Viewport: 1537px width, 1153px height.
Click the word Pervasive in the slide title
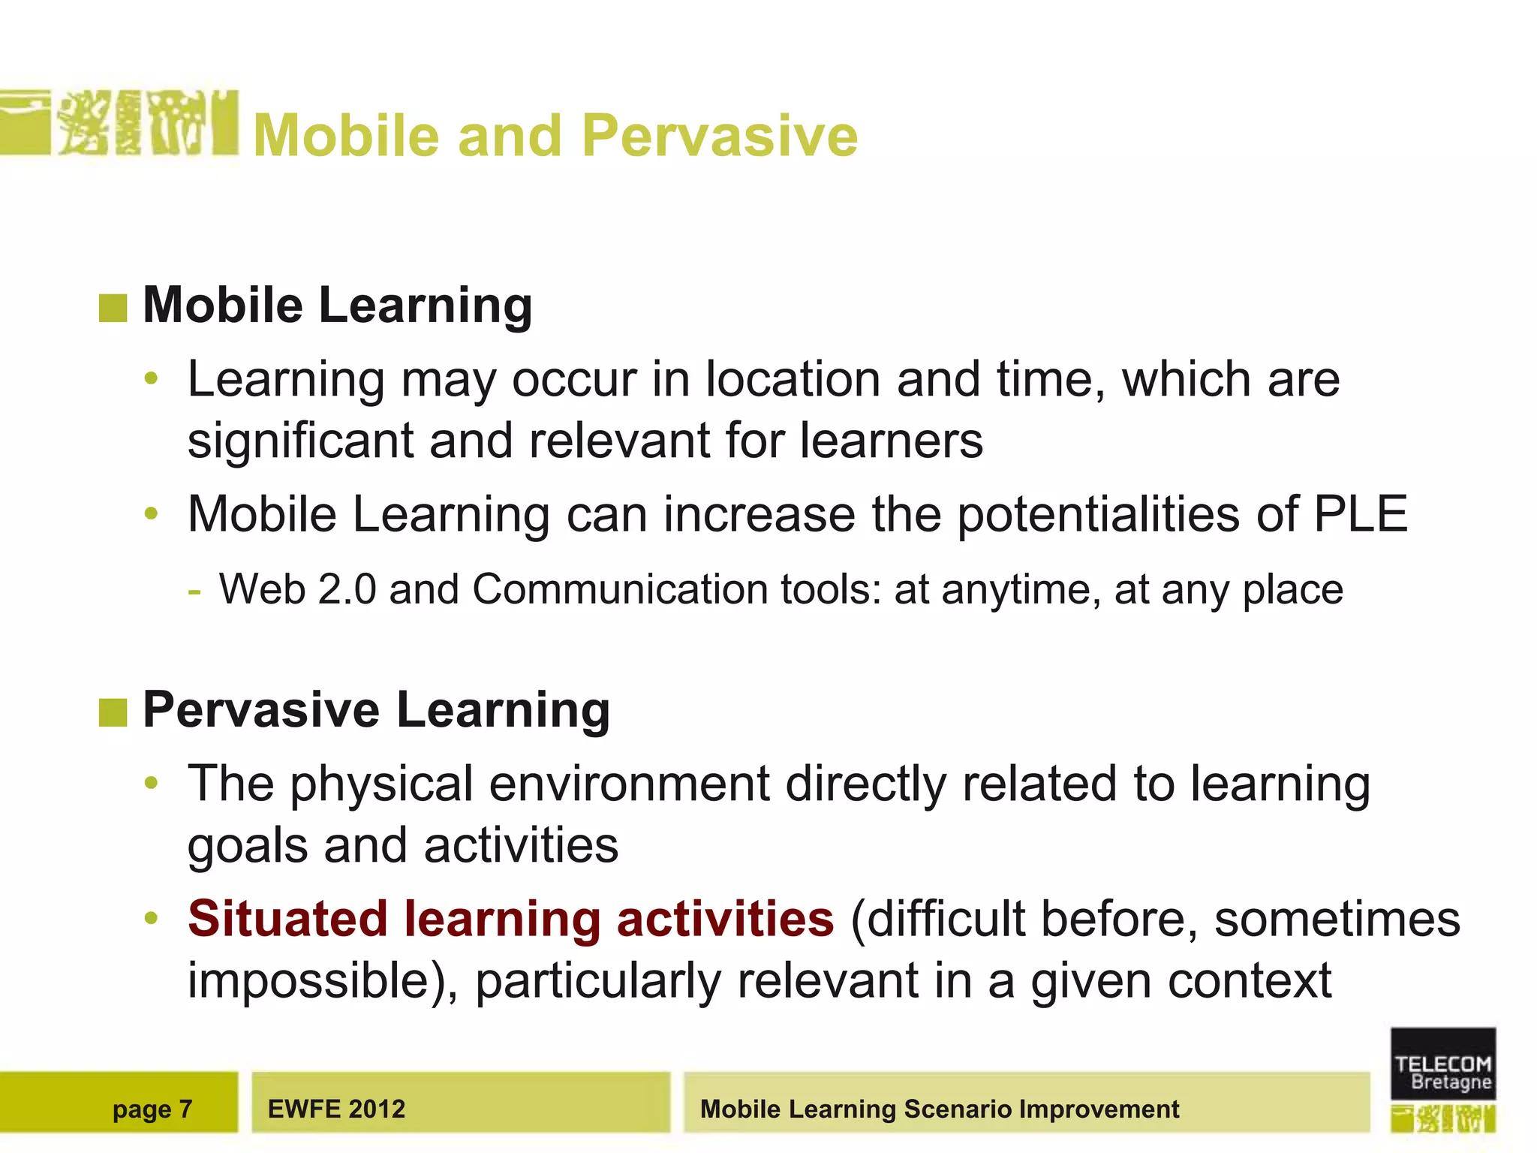coord(719,136)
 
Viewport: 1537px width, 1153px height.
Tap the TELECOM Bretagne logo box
coord(1442,1064)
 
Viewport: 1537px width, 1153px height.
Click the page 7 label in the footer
coord(152,1109)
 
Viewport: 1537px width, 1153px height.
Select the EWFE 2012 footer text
coord(336,1109)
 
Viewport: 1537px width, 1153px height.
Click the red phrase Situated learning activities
coord(510,919)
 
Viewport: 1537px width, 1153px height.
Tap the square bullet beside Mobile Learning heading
coord(113,308)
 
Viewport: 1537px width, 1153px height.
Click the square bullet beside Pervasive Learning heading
coord(113,712)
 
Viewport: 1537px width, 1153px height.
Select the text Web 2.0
coord(297,589)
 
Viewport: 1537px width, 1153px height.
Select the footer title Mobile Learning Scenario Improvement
coord(939,1109)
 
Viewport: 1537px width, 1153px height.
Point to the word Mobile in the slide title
coord(346,136)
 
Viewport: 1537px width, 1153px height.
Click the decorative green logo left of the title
coord(120,123)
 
